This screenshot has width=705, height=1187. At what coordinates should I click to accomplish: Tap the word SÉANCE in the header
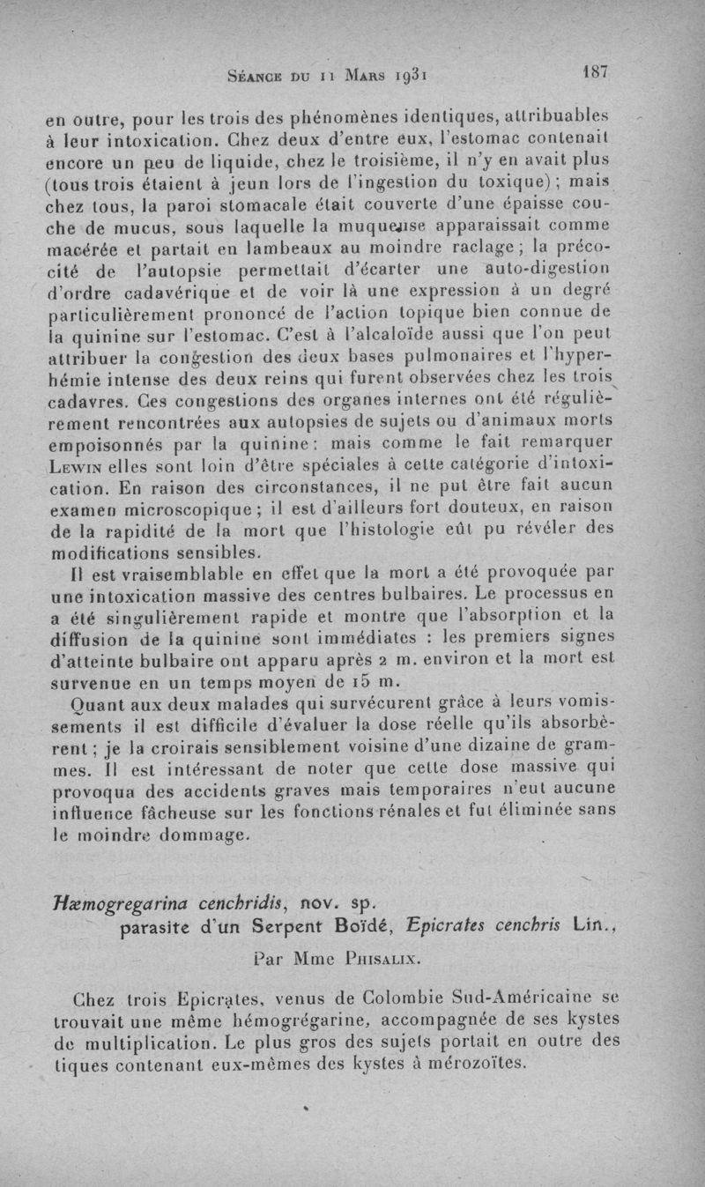point(258,76)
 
